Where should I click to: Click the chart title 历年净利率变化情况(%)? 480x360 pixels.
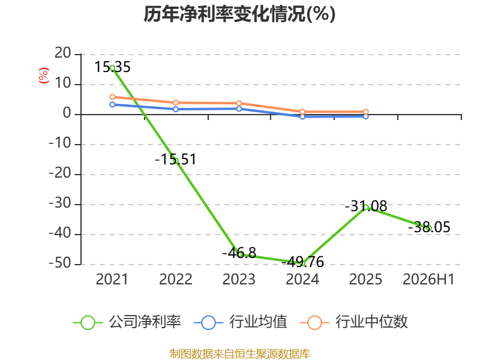point(239,14)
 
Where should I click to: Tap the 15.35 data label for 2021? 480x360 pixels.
point(112,67)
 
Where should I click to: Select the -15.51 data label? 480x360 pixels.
point(175,159)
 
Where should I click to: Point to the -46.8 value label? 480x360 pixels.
point(239,253)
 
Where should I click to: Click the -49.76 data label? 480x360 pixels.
point(302,262)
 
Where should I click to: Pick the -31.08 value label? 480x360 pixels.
point(366,206)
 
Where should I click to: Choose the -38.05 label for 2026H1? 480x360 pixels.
point(429,227)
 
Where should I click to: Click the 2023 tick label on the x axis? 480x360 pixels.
point(239,280)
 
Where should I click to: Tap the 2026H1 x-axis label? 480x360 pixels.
point(428,280)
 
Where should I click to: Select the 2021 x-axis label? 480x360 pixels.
point(112,280)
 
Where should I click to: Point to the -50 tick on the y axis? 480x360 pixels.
point(60,263)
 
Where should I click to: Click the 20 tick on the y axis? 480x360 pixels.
point(63,53)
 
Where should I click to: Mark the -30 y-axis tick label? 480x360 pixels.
point(60,203)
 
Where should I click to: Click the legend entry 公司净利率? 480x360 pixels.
point(127,322)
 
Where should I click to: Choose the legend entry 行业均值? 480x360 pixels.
point(241,322)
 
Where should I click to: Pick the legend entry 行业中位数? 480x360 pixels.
point(353,322)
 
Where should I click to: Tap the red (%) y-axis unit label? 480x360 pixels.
point(43,76)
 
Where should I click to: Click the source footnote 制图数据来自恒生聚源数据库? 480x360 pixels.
point(240,354)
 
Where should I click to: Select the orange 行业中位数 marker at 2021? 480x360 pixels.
point(112,97)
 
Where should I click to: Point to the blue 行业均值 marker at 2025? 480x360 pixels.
point(366,116)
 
